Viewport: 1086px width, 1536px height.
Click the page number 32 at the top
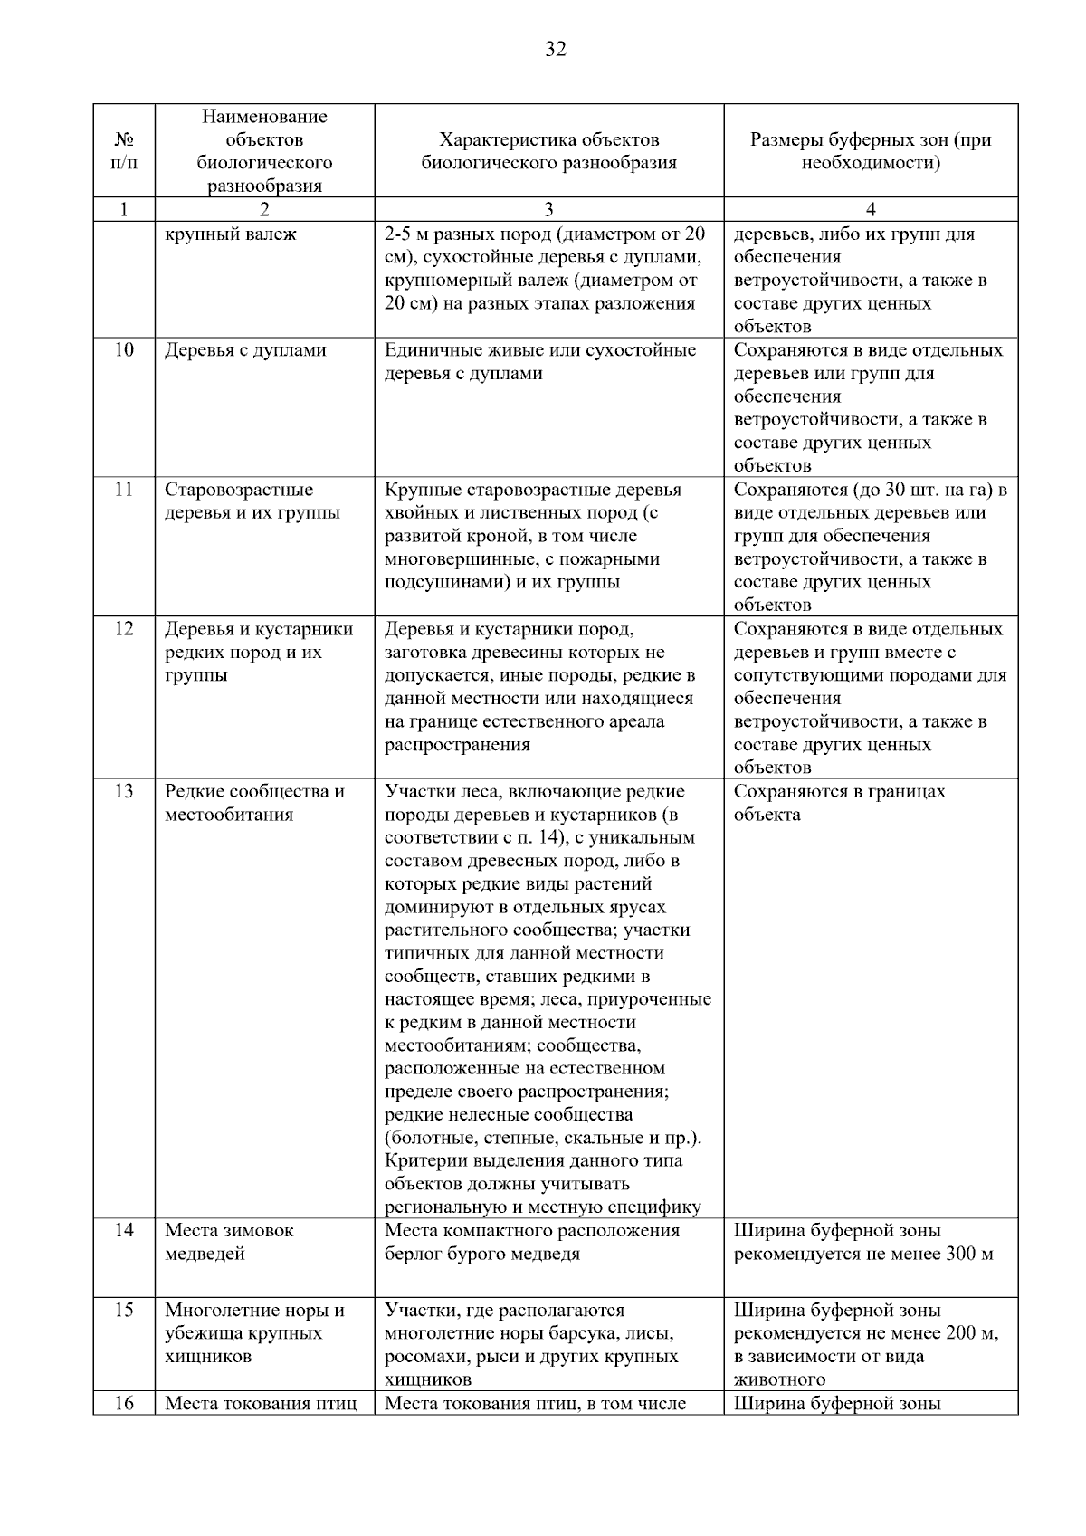pos(556,50)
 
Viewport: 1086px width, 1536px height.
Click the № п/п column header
pos(124,151)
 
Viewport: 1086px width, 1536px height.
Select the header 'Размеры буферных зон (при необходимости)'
pos(871,151)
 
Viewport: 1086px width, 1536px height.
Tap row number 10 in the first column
pos(124,350)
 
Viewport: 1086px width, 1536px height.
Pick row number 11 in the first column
pos(124,490)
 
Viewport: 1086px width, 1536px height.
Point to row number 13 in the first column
pos(124,791)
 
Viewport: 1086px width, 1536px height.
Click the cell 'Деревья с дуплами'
pos(245,350)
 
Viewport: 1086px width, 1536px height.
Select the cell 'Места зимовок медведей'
pos(229,1242)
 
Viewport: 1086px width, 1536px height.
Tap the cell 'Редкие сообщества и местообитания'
pos(254,803)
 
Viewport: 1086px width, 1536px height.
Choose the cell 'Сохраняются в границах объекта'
pos(839,803)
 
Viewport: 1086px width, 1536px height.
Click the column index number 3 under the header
pos(548,210)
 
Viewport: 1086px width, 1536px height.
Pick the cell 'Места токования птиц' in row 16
pos(261,1404)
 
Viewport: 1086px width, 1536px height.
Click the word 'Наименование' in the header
pos(264,117)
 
